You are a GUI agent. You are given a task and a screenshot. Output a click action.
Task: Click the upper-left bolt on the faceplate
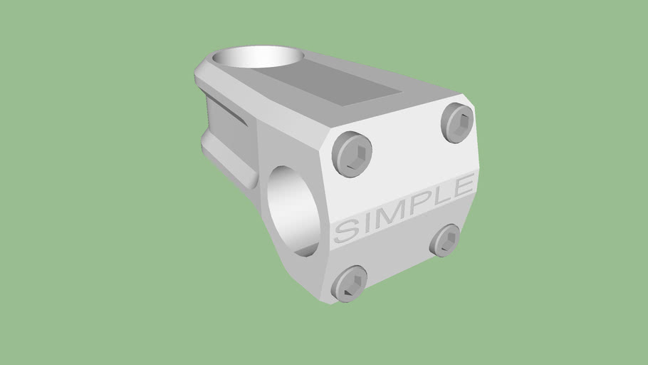pos(353,153)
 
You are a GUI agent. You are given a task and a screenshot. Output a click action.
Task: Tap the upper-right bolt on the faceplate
pos(457,122)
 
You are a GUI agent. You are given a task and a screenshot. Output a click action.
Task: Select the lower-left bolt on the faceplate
pos(349,283)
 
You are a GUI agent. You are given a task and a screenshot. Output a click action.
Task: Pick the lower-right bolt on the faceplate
pos(447,240)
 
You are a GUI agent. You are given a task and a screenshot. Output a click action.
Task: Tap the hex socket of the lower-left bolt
pos(352,284)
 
